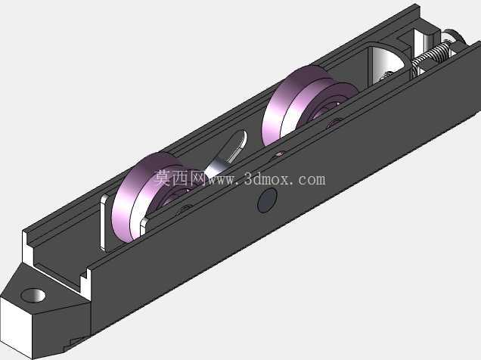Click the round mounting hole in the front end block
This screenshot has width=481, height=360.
pyautogui.click(x=33, y=295)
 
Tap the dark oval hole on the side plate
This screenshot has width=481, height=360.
pyautogui.click(x=267, y=200)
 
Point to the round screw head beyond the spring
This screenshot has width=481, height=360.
pyautogui.click(x=455, y=38)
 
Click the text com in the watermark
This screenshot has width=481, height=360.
pyautogui.click(x=312, y=180)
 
